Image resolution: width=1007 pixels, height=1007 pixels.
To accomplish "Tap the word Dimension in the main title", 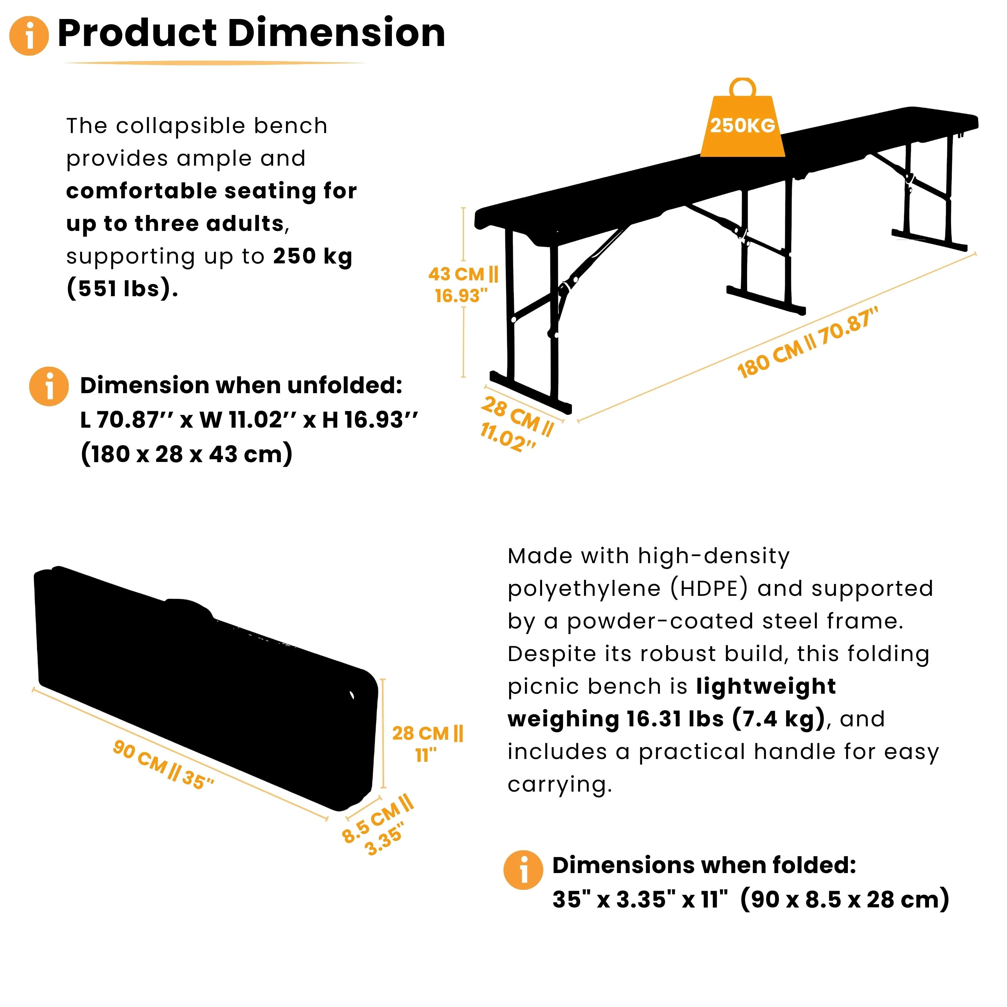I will pos(336,33).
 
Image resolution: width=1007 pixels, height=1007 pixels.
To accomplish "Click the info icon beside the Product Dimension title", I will pos(29,36).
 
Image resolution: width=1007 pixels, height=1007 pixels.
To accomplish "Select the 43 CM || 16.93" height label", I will pos(462,285).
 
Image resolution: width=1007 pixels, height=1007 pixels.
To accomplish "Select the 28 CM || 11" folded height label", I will pos(427,743).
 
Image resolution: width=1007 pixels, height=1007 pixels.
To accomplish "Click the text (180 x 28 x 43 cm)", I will pos(186,454).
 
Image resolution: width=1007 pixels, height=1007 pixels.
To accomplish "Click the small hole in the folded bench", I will pos(352,695).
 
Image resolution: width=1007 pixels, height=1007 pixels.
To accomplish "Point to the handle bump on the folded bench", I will pos(188,606).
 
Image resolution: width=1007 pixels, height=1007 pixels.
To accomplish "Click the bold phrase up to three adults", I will pos(175,223).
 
